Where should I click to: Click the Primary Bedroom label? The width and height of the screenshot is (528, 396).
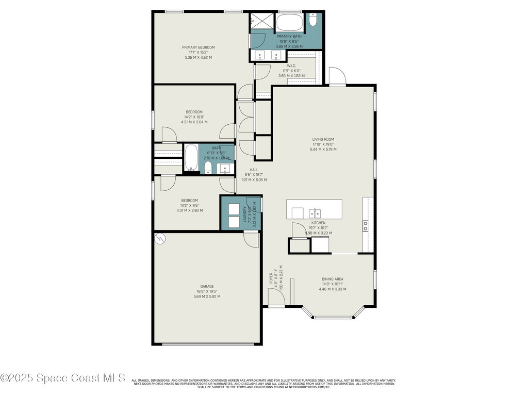point(198,47)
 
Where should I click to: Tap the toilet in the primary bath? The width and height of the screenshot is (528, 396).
point(313,21)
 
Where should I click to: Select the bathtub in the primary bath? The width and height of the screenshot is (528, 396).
point(290,23)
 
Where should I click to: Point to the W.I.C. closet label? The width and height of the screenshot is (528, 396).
point(291,66)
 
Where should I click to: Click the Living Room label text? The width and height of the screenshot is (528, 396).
point(323,139)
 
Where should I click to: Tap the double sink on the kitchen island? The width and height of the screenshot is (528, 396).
point(314,213)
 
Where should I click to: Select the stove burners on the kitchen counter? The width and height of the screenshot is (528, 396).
point(366,225)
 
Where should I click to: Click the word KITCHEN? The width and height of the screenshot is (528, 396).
point(318,223)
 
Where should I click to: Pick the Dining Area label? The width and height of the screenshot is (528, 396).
point(332,279)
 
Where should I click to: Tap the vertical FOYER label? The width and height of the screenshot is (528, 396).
point(271,278)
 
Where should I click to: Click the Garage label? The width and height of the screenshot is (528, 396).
point(207,286)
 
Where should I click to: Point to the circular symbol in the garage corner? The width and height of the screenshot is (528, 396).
point(160,239)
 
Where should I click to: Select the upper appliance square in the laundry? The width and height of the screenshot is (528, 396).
point(237,209)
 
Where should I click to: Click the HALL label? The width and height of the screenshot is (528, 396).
point(254,170)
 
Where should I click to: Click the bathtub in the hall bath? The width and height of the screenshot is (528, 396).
point(191,158)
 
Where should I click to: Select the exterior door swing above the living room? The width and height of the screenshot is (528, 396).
point(337,77)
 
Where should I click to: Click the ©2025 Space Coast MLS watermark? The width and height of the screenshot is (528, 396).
point(63,378)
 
